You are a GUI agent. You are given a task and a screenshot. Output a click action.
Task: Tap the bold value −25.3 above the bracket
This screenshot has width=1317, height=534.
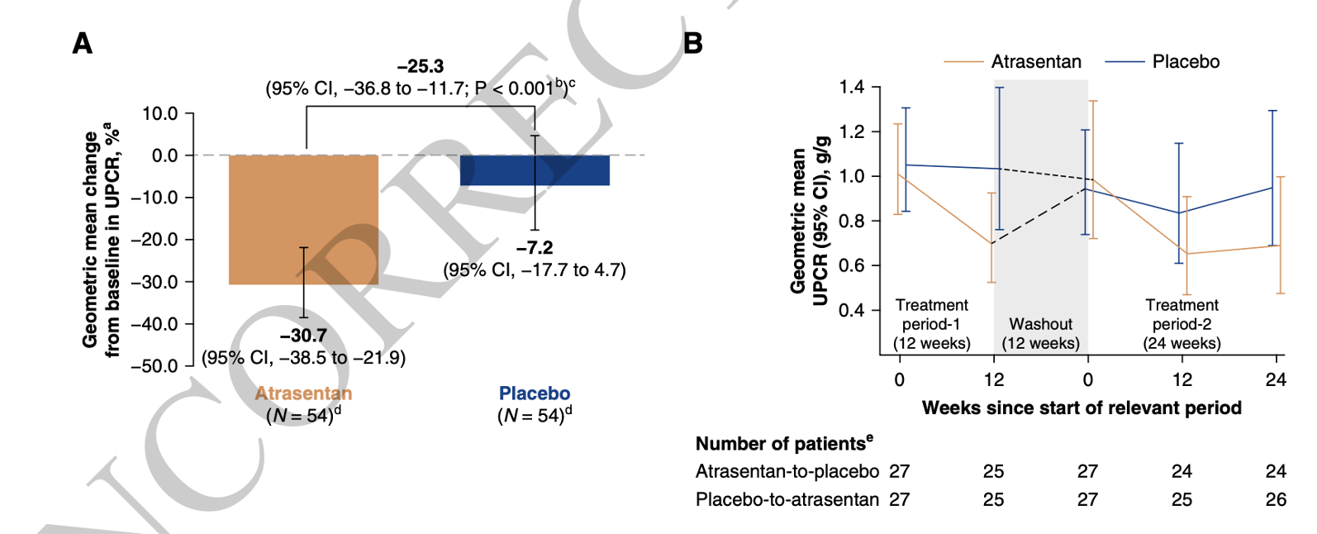[x=421, y=66]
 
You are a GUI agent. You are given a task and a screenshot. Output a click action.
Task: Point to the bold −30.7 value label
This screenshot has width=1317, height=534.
[x=303, y=336]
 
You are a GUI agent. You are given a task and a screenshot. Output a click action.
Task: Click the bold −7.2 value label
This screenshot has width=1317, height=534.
[x=535, y=248]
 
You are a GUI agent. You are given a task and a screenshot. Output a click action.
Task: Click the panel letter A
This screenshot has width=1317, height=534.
[x=82, y=43]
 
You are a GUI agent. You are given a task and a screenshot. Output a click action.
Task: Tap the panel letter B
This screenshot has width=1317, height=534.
[x=693, y=43]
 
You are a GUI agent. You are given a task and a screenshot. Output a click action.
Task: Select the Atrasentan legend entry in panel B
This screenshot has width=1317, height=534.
[x=1035, y=62]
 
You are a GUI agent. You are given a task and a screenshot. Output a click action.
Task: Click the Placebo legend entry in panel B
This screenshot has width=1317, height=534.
[x=1186, y=62]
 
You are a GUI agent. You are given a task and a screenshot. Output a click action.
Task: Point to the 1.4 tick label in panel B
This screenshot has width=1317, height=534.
[x=852, y=88]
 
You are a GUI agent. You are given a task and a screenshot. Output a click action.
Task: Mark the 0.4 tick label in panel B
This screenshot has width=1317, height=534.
[x=852, y=311]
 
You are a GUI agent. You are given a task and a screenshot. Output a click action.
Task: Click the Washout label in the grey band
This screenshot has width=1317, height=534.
[x=1040, y=324]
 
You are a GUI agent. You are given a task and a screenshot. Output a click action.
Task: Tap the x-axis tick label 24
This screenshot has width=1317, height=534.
[x=1276, y=380]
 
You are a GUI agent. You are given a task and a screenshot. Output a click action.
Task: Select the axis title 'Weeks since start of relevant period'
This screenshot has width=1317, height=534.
[x=1082, y=408]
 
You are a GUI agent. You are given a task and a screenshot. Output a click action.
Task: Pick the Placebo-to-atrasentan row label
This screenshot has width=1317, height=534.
[x=787, y=499]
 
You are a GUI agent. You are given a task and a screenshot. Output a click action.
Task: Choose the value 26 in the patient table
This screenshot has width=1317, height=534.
[x=1276, y=499]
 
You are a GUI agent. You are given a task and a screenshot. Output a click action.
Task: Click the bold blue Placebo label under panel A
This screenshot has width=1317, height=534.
[x=535, y=393]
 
